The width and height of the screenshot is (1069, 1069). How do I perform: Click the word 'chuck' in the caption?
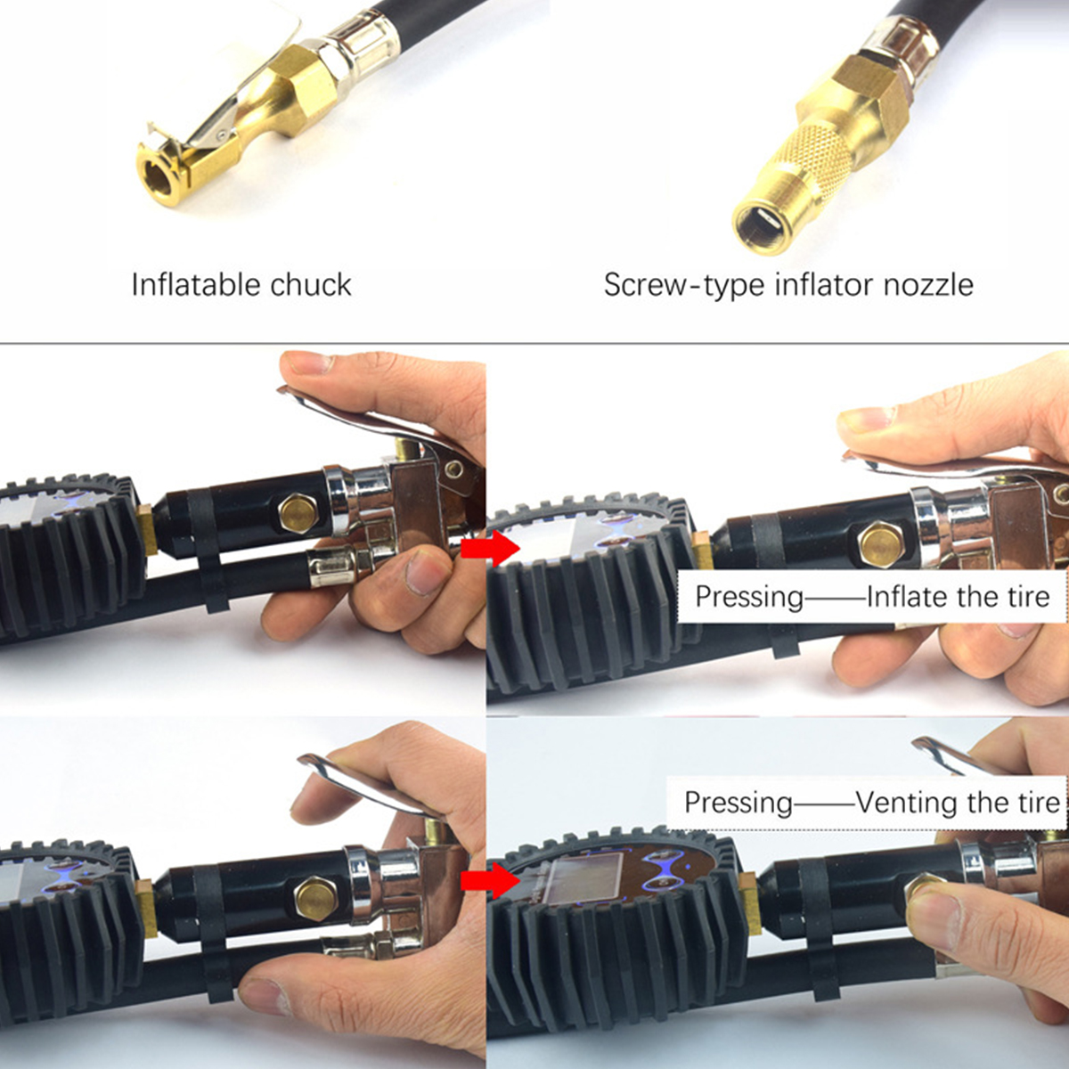tap(311, 285)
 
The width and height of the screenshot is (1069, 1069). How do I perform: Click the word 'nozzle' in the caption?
tap(928, 285)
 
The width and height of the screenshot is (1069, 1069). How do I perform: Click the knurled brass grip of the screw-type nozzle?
tap(807, 166)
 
